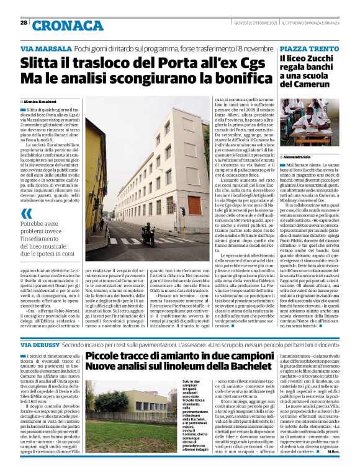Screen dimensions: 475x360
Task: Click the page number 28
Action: click(x=23, y=23)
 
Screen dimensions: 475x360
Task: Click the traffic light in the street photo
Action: click(x=183, y=211)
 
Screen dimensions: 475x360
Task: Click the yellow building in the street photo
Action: click(x=94, y=180)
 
